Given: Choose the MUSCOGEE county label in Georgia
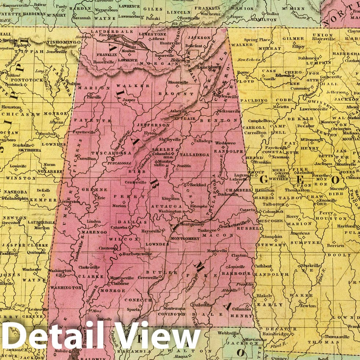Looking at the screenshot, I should click(270, 221).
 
